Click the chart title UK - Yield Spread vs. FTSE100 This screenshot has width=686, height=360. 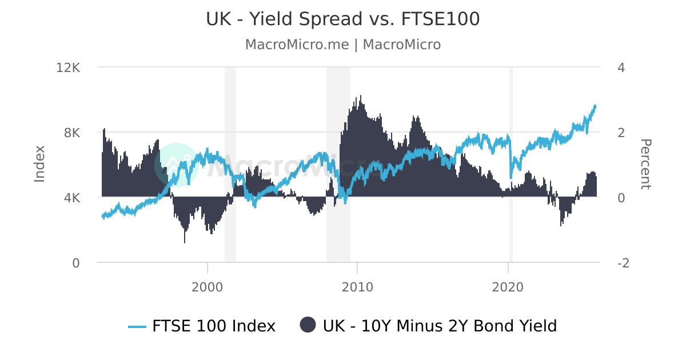point(342,19)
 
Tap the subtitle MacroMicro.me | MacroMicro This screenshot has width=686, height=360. point(342,45)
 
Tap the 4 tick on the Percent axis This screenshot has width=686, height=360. point(621,67)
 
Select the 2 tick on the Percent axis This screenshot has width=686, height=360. point(621,133)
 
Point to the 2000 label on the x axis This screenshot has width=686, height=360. point(207,287)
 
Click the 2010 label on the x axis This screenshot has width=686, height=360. point(357,287)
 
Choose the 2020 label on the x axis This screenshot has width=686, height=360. point(508,287)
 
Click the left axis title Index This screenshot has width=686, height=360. point(39,164)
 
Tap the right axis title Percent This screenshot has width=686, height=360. point(645,164)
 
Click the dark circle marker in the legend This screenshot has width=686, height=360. point(308,325)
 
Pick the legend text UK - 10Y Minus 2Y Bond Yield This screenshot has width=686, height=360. point(440,326)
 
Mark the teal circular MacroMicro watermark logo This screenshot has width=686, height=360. point(176,165)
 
